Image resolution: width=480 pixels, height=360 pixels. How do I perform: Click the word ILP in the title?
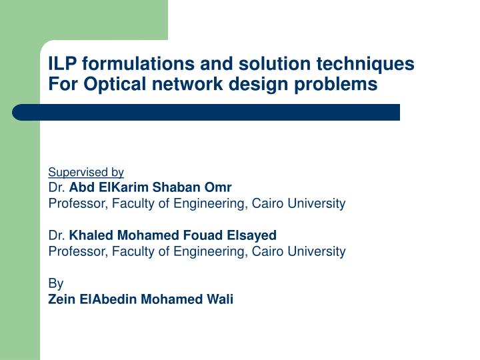click(63, 64)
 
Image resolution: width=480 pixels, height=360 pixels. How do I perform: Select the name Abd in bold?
click(81, 187)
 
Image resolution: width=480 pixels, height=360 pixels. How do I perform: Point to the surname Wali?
click(220, 299)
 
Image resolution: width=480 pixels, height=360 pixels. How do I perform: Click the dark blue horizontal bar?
click(207, 112)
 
